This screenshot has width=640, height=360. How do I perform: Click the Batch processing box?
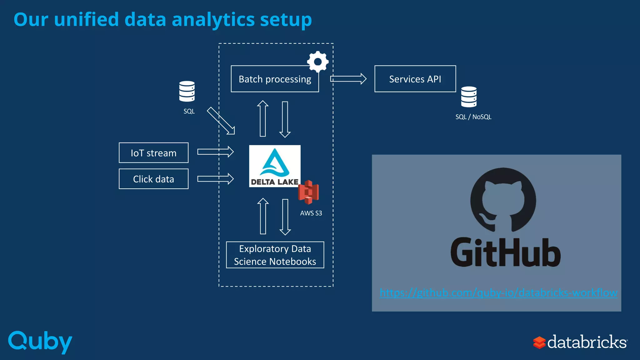275,79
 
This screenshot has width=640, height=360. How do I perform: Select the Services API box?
415,79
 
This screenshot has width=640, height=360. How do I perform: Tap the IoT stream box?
153,153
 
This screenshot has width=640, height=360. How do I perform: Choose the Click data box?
153,179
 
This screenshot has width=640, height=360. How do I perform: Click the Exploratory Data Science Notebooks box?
275,255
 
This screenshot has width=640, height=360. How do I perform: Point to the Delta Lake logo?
275,166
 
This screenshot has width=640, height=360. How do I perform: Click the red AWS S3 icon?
309,192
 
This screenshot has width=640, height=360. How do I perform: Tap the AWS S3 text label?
311,213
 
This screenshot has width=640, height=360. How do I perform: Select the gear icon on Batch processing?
318,62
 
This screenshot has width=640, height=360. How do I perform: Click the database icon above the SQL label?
187,91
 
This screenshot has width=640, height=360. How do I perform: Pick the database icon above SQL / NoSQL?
469,97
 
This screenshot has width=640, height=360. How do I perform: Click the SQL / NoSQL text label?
473,117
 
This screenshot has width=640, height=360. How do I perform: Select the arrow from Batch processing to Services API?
348,79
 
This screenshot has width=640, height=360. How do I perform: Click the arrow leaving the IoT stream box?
215,152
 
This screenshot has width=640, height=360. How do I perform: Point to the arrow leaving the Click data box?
215,179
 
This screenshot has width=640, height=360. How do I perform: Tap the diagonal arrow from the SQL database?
221,121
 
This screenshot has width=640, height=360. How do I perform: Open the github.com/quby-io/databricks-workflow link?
498,293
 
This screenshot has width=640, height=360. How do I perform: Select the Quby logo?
40,342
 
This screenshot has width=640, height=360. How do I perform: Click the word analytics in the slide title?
213,19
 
